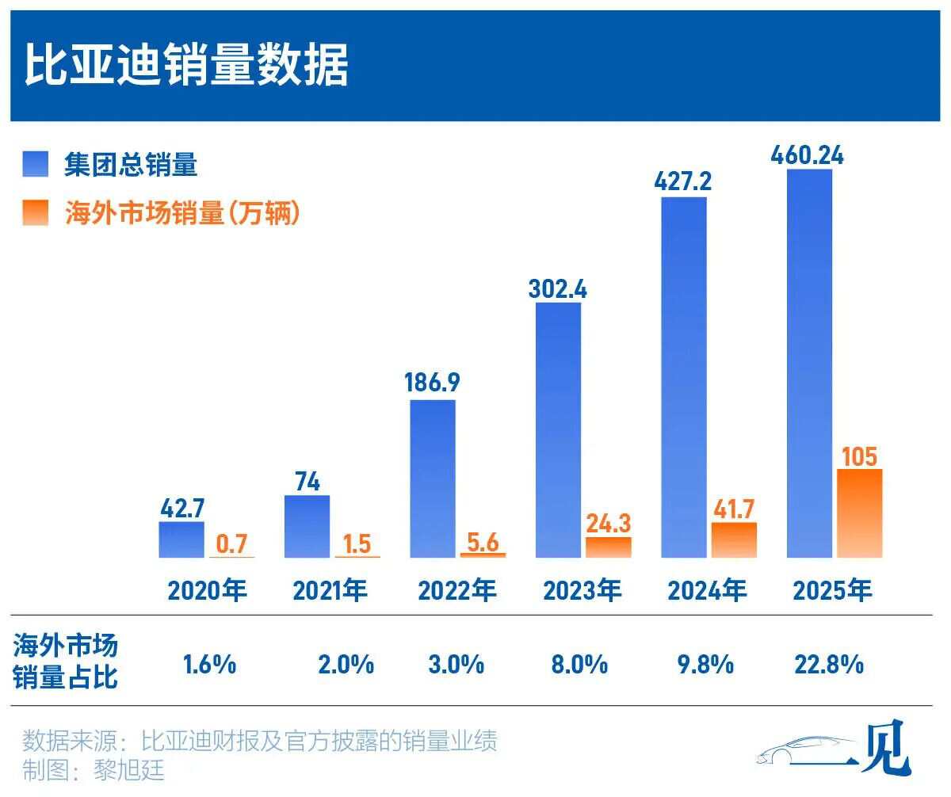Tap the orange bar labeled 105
859,513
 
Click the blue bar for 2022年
433,479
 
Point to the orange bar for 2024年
734,540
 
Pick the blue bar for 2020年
181,540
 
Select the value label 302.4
558,288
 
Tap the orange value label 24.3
609,523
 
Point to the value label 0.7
232,543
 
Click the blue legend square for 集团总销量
36,164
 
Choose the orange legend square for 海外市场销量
36,213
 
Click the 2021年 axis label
330,591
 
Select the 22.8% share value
828,664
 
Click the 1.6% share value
209,664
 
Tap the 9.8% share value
705,664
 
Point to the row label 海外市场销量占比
65,662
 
